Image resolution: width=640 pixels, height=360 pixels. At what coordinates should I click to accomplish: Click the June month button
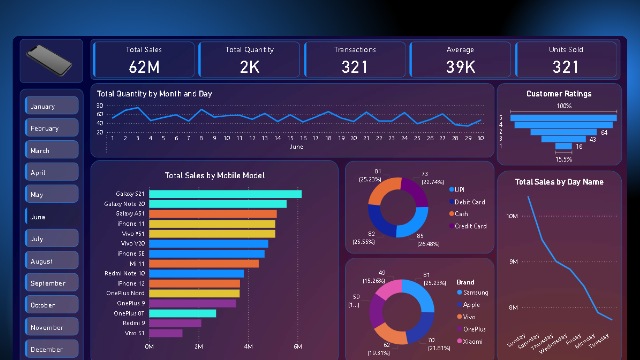52,217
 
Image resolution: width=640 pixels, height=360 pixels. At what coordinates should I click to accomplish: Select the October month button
52,305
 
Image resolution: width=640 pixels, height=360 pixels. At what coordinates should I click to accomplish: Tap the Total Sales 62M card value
144,67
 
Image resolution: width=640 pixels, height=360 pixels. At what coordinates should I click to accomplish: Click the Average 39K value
460,67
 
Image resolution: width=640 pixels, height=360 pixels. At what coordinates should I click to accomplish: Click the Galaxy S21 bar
225,194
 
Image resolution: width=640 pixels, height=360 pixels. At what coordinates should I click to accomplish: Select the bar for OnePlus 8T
182,313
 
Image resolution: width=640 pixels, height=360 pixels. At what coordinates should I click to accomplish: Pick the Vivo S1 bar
166,333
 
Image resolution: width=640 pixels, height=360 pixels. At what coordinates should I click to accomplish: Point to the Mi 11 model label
137,264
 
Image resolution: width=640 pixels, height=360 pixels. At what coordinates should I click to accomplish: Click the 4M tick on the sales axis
248,347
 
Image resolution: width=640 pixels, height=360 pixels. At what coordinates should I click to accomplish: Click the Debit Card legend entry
469,202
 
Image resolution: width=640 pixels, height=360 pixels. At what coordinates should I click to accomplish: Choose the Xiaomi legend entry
472,341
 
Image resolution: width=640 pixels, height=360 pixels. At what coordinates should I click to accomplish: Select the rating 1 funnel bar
563,146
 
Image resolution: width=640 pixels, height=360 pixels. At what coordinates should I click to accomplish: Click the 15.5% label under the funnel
563,159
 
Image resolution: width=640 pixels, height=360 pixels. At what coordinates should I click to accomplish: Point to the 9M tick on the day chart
513,262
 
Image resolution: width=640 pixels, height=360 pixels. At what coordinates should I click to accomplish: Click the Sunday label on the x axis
516,341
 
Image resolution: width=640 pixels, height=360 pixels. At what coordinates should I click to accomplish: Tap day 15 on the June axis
290,138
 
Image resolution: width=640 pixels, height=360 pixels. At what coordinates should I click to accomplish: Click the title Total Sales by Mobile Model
215,175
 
